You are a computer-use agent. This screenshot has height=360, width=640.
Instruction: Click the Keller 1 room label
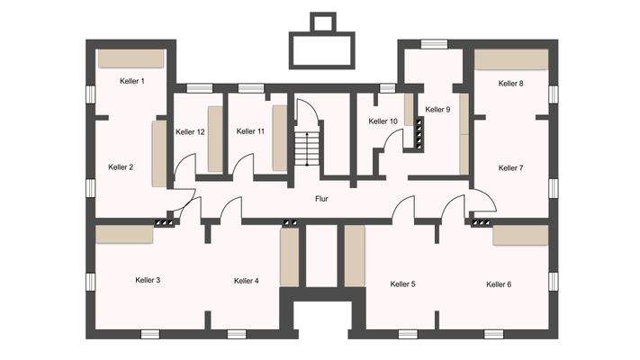132,81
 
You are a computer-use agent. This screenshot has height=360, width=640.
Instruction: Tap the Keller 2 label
121,166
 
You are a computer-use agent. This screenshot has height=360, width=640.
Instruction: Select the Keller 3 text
148,281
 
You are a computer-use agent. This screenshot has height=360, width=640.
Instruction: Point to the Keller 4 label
246,281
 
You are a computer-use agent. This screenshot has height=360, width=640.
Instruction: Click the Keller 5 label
402,284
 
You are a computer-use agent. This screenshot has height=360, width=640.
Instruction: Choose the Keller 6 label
499,284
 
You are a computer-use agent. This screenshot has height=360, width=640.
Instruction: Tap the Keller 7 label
510,167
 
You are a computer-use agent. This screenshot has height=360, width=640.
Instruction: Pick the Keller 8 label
510,83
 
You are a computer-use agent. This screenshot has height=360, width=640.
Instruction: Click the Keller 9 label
437,110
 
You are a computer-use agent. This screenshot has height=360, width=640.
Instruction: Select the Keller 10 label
383,121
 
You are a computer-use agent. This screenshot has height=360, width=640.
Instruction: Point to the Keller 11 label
250,131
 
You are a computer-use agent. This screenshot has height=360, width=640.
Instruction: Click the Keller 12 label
190,132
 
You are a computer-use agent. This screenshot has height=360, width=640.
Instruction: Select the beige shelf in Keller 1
131,58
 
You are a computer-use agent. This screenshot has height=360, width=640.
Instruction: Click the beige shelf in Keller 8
510,59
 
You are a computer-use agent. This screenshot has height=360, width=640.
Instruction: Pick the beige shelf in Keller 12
215,139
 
